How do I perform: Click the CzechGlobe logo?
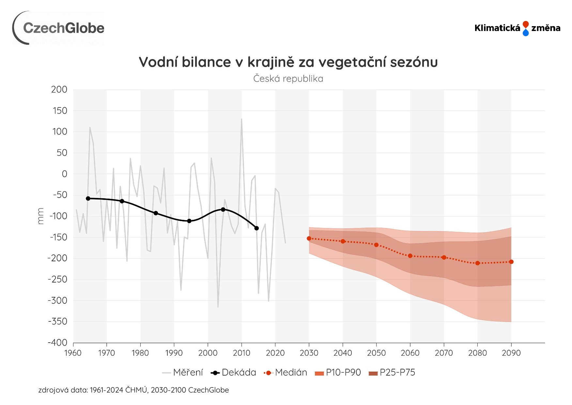click(x=59, y=28)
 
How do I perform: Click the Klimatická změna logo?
click(x=517, y=28)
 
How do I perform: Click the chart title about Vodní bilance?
click(x=288, y=62)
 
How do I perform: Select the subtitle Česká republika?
click(x=288, y=79)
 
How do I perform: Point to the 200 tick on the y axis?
click(x=59, y=89)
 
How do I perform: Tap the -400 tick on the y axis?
click(x=57, y=343)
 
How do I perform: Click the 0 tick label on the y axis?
click(x=64, y=174)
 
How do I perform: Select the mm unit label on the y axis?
click(x=40, y=216)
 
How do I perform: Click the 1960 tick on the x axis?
click(x=73, y=353)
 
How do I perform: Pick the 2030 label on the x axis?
click(x=309, y=353)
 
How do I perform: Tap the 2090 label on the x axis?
click(x=511, y=353)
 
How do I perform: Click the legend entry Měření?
click(x=183, y=373)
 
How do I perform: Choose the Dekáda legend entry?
click(x=234, y=373)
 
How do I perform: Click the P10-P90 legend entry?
click(x=338, y=373)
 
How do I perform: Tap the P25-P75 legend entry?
click(x=392, y=373)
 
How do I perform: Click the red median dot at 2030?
click(x=309, y=238)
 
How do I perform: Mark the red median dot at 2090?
click(x=511, y=262)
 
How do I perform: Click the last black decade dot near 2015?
click(x=256, y=228)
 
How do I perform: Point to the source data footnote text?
click(x=133, y=390)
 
